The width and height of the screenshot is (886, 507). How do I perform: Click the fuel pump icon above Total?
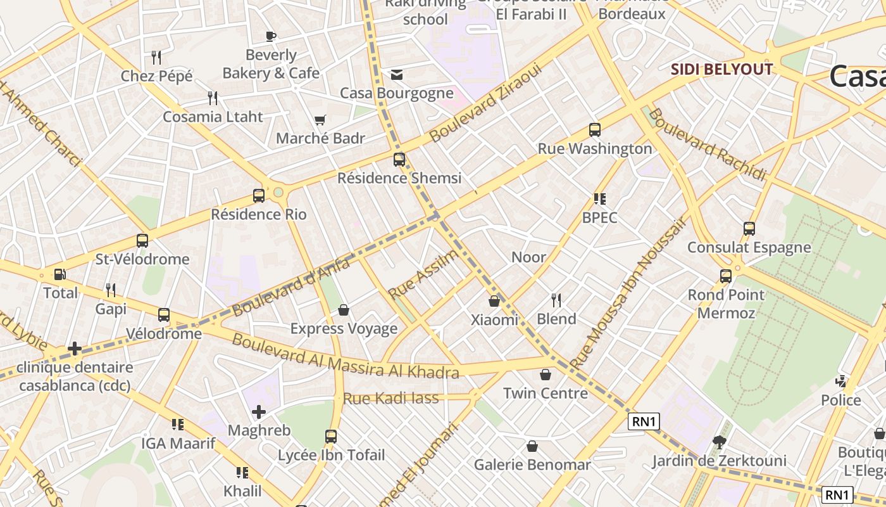click(x=59, y=274)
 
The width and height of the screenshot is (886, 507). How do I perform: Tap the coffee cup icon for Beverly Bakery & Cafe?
click(x=271, y=36)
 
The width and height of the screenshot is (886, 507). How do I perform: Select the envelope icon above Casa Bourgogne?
click(x=397, y=75)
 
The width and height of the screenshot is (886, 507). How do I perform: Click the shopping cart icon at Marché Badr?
click(x=320, y=120)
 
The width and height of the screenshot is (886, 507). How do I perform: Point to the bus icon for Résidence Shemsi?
click(x=399, y=160)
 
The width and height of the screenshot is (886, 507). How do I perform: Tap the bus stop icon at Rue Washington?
click(x=595, y=130)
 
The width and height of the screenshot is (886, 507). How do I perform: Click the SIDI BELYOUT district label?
click(x=721, y=69)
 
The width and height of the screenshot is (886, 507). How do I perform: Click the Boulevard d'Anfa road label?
click(x=291, y=288)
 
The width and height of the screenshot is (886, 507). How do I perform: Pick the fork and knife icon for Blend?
click(x=556, y=300)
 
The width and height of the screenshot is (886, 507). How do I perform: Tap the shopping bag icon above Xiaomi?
click(x=494, y=302)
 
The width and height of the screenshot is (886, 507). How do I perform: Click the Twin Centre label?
click(x=546, y=393)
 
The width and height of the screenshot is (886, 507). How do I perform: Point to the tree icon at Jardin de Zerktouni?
click(x=719, y=442)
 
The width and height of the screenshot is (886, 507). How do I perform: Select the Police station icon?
click(x=841, y=382)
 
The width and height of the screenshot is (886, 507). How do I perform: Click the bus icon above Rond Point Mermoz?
click(x=726, y=276)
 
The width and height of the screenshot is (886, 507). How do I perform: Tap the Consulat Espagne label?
click(x=749, y=247)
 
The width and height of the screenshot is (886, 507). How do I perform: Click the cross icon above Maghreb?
click(x=259, y=413)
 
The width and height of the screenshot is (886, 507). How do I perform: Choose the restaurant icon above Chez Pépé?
click(x=156, y=58)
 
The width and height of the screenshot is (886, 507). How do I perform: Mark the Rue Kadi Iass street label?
click(x=390, y=398)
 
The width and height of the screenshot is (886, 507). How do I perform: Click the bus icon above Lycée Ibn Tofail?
click(x=331, y=437)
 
